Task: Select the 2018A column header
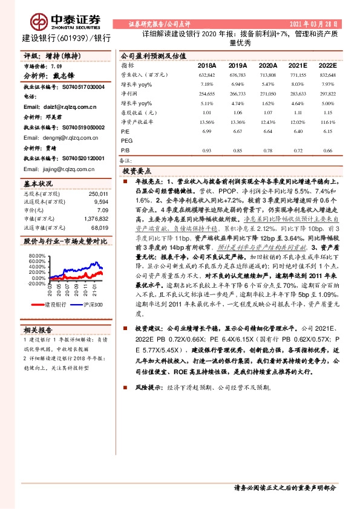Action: pyautogui.click(x=207, y=65)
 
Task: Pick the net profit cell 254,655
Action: pyautogui.click(x=206, y=95)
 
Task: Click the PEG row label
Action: pyautogui.click(x=126, y=140)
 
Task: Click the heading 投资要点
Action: pyautogui.click(x=138, y=172)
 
